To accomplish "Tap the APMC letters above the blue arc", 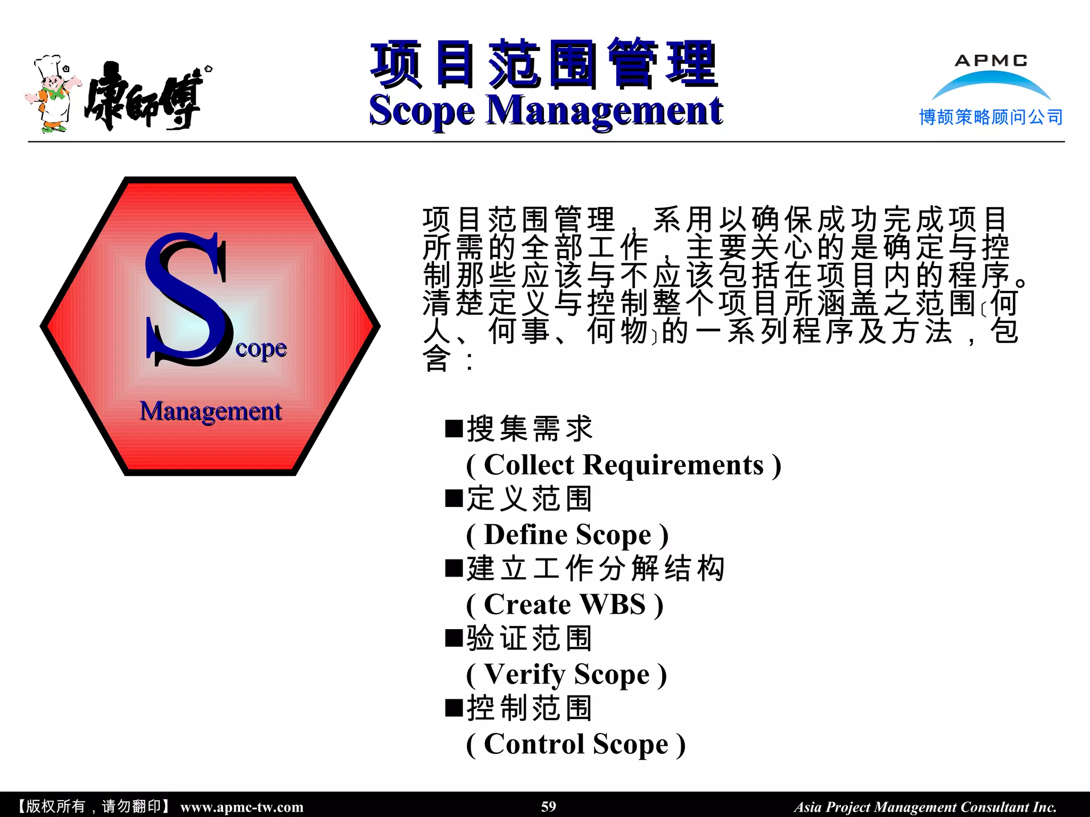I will pyautogui.click(x=990, y=61).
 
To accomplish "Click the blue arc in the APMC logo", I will pyautogui.click(x=990, y=83).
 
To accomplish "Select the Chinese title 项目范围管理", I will pyautogui.click(x=544, y=64).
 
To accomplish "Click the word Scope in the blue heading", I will pyautogui.click(x=422, y=111).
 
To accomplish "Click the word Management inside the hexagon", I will pyautogui.click(x=211, y=411).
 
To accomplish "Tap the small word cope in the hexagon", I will pyautogui.click(x=261, y=349).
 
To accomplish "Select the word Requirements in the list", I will pyautogui.click(x=673, y=465).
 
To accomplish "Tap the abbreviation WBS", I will pyautogui.click(x=613, y=604).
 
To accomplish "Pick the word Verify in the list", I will pyautogui.click(x=524, y=674).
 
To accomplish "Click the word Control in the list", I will pyautogui.click(x=534, y=744).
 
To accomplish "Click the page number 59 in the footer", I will pyautogui.click(x=548, y=806).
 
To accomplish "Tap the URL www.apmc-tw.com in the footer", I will pyautogui.click(x=242, y=807).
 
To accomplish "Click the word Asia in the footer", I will pyautogui.click(x=807, y=807).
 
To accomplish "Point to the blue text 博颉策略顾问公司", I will pyautogui.click(x=990, y=117).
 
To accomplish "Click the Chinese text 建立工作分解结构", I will pyautogui.click(x=596, y=568).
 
